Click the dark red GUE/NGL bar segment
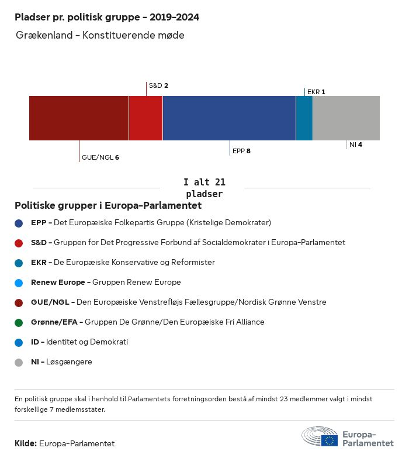point(79,118)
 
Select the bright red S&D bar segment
point(145,118)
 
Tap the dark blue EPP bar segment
point(229,118)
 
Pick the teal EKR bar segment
point(304,118)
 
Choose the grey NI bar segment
point(346,118)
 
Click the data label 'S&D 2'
point(158,85)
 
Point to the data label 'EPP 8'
point(241,151)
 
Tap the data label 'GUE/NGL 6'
point(100,157)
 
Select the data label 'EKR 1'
point(316,92)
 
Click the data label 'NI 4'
point(355,144)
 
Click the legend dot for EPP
point(19,223)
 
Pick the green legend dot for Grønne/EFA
point(19,322)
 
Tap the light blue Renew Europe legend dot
point(19,283)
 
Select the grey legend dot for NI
point(19,362)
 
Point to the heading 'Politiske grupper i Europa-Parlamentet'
point(108,206)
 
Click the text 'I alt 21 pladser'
point(204,188)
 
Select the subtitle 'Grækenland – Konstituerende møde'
point(100,36)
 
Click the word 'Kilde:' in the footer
point(26,443)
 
